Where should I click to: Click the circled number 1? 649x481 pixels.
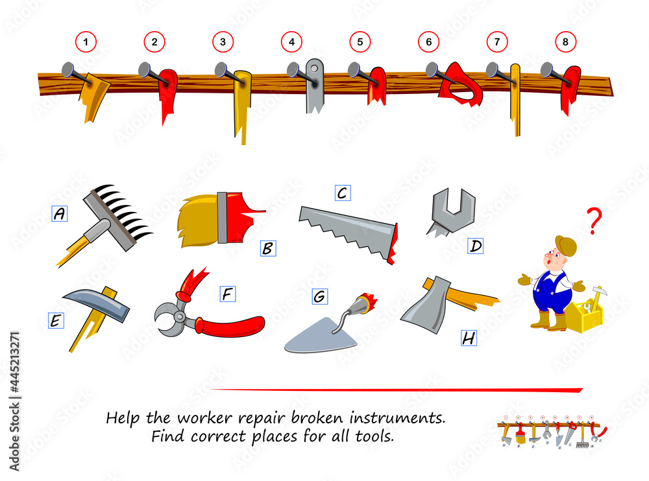86,41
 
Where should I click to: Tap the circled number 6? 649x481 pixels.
428,41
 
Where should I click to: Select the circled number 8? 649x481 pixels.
565,41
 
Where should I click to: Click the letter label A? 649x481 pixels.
60,213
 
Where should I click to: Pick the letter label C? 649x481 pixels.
343,193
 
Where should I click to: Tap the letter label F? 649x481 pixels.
228,294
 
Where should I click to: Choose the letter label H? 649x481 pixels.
469,338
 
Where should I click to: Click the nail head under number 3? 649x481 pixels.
221,69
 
